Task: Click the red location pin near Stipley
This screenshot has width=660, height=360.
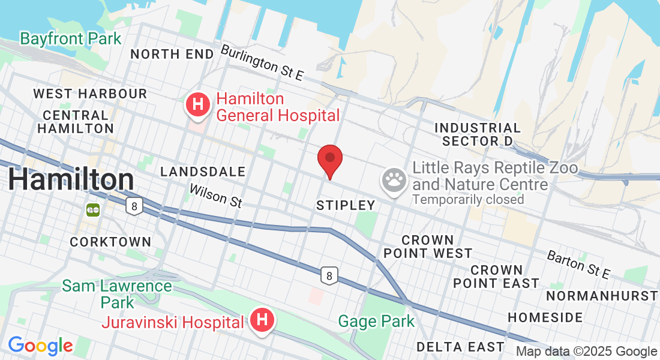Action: [329, 159]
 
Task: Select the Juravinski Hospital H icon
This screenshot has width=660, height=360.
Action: [262, 320]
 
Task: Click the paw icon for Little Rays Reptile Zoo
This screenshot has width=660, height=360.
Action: [394, 178]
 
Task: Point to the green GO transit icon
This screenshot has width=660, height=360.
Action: [92, 209]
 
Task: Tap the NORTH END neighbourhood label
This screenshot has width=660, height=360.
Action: [172, 54]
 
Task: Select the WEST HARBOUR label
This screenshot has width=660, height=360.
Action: [90, 94]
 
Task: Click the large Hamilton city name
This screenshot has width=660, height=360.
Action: [71, 179]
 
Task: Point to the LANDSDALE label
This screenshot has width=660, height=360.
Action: [203, 172]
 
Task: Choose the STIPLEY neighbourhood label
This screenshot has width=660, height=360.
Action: [346, 205]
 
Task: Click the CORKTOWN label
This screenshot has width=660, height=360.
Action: [110, 242]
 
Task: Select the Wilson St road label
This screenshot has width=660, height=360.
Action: [215, 196]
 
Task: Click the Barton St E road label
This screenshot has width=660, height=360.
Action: [578, 265]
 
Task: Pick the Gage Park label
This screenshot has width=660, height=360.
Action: [376, 321]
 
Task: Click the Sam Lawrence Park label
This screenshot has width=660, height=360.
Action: [117, 293]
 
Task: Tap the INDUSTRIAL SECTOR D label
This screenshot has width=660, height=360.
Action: [478, 134]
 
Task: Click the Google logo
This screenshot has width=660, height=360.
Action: [40, 346]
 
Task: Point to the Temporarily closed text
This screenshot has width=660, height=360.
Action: [468, 199]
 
